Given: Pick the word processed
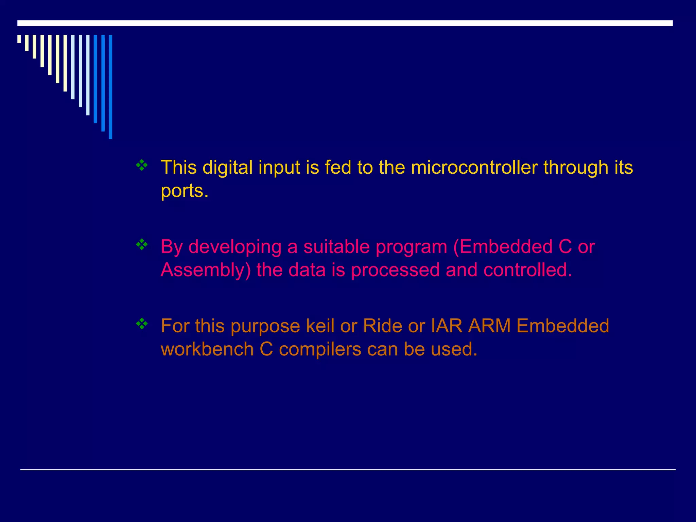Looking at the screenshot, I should (395, 270).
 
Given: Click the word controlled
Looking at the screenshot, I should (528, 270).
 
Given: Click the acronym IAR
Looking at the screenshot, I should (447, 326).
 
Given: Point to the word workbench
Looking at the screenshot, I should (207, 349).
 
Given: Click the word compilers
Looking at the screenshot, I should (320, 349).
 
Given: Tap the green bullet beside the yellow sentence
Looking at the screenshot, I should (142, 166).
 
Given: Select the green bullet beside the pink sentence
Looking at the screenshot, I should (142, 245).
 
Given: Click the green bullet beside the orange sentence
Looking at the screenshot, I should (142, 324).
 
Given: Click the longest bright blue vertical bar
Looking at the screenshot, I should (110, 87).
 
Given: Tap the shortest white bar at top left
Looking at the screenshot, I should (19, 39).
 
